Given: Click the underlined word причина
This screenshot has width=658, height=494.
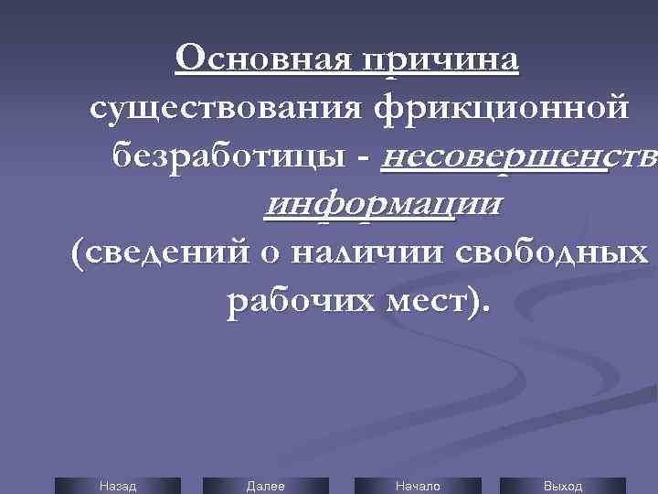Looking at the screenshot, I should (x=440, y=61).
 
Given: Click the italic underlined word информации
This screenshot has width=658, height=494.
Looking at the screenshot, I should (x=382, y=204).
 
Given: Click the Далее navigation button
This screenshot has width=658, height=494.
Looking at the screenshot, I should (x=266, y=486).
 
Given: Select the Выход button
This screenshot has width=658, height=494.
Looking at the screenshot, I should (x=563, y=486).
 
